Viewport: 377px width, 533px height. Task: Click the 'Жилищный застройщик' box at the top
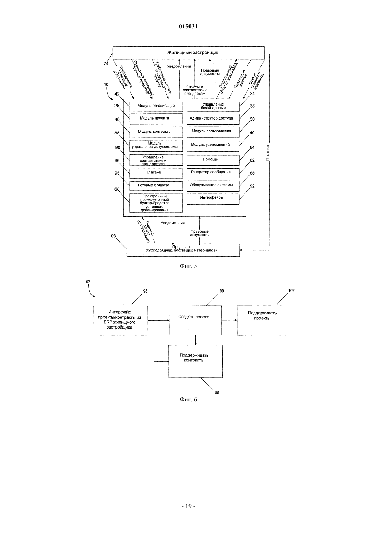click(x=188, y=53)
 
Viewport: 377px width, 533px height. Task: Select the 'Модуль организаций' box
click(x=156, y=107)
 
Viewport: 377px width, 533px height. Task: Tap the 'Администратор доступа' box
click(x=213, y=119)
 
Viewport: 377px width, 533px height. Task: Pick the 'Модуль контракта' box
click(x=156, y=132)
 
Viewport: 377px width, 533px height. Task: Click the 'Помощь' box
click(x=213, y=160)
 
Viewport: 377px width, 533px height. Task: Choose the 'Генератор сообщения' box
click(x=213, y=173)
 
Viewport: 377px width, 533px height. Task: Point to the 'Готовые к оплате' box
click(x=156, y=186)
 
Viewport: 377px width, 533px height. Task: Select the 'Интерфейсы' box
click(x=213, y=199)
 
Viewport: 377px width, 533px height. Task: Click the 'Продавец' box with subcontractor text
click(x=183, y=250)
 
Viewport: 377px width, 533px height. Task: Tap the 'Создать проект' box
click(x=195, y=320)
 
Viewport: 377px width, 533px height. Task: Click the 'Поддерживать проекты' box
click(x=264, y=320)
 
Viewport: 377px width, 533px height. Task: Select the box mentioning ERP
click(x=121, y=320)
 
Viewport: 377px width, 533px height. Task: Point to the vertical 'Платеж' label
click(x=268, y=152)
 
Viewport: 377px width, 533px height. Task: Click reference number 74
click(x=106, y=63)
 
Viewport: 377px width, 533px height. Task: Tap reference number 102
click(x=291, y=290)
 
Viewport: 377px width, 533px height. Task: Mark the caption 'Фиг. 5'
click(x=188, y=266)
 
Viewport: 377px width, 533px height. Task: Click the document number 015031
click(x=188, y=26)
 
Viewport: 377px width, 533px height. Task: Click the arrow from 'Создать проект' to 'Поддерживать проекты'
click(x=229, y=320)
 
